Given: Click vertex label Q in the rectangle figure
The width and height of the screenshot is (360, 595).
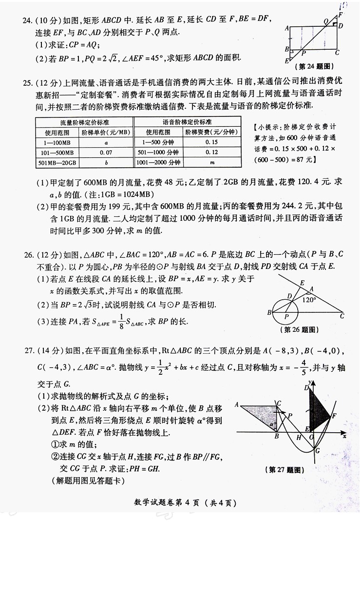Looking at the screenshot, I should pos(325,21).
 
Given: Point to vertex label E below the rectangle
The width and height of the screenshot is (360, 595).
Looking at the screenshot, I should pos(287,61).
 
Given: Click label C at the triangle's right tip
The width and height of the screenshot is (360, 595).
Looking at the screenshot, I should pos(342,316).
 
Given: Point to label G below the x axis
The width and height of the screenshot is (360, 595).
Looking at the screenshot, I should pos(317,451).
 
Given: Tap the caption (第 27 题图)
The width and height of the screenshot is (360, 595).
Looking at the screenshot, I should pos(286,470).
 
